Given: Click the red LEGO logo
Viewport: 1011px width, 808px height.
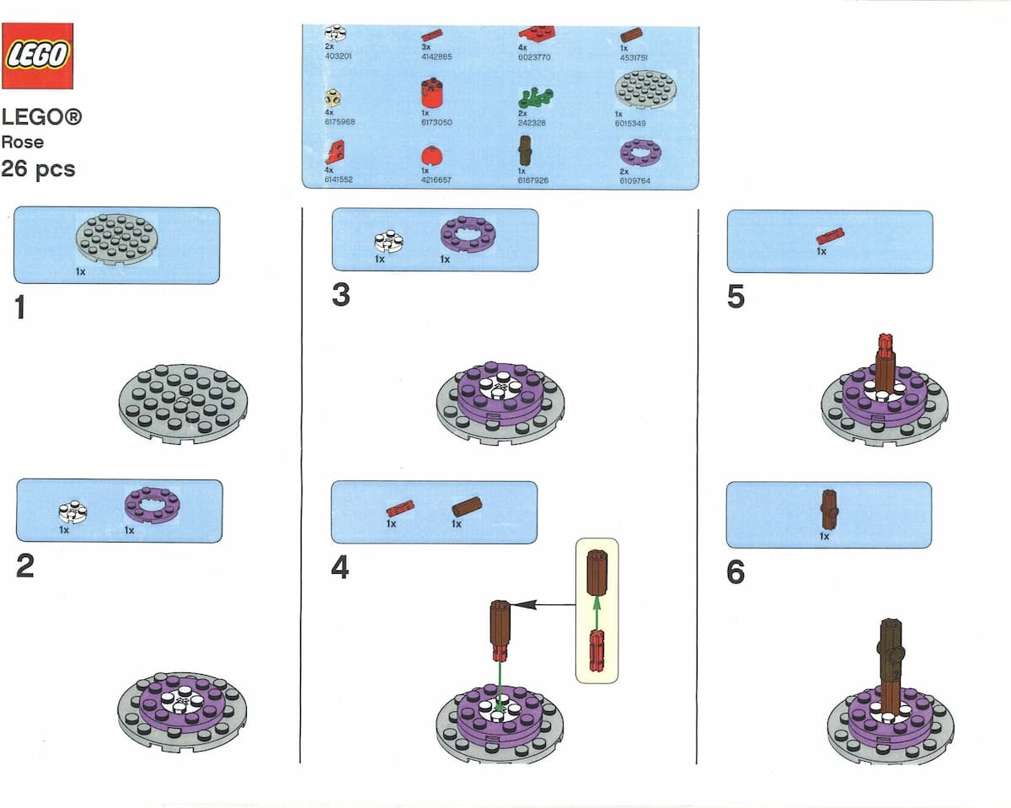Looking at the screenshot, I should click(37, 56).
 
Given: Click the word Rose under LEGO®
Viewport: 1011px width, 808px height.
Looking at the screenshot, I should click(23, 142).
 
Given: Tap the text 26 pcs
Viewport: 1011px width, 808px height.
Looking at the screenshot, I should click(38, 169).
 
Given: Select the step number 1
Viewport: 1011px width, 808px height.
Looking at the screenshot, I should click(20, 309).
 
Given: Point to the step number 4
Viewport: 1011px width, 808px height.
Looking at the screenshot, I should click(340, 568).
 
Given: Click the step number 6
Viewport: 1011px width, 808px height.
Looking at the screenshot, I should click(735, 573).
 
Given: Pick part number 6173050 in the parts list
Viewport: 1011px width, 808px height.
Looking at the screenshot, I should click(436, 122).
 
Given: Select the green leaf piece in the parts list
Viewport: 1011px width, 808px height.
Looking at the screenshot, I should click(535, 97).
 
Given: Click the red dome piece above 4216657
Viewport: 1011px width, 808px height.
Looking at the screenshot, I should click(431, 157).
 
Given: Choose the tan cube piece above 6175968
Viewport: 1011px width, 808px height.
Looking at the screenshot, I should click(334, 98).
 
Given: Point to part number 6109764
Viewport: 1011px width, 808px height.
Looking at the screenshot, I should click(634, 180).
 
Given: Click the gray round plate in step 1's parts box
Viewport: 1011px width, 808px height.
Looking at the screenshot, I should click(117, 238).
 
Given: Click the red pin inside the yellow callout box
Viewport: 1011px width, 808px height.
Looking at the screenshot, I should click(597, 650).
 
